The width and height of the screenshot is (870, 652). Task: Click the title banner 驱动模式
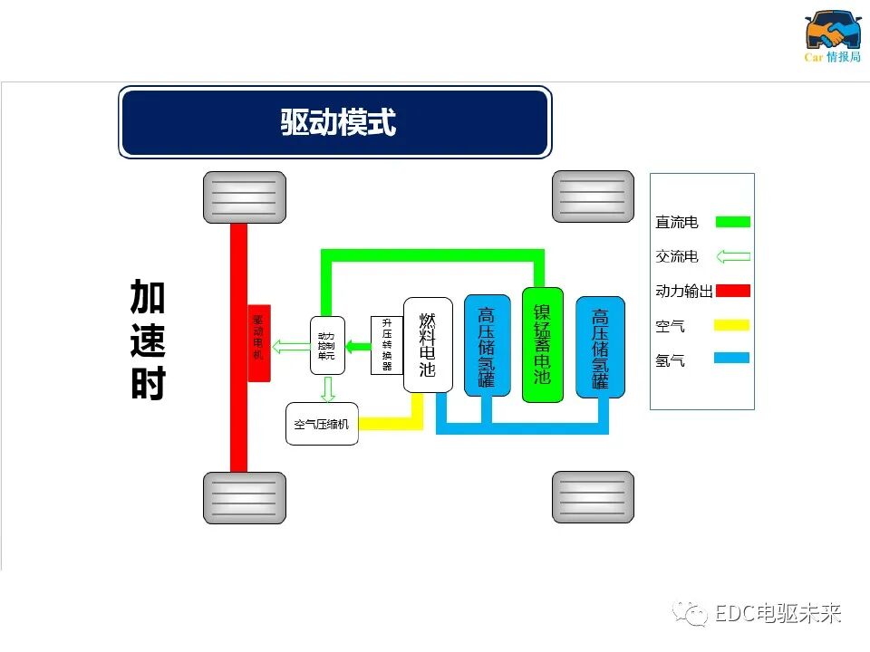coord(334,122)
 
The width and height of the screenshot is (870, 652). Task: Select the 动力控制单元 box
coord(327,346)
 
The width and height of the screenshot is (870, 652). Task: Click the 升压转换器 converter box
coord(386,345)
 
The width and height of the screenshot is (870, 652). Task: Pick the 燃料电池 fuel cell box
coord(428,345)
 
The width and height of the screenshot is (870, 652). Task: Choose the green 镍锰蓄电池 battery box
coord(543,345)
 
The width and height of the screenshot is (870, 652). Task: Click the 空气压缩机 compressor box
coord(322,424)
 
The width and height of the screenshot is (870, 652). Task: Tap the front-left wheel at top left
coord(245,197)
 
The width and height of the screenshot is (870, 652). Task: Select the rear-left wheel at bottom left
coord(245,497)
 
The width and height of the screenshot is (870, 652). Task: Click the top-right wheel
coord(593,197)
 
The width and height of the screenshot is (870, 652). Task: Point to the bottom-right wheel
coord(593,497)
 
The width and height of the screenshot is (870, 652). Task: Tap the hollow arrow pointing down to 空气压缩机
coord(328,389)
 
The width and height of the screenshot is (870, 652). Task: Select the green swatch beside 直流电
coord(732,222)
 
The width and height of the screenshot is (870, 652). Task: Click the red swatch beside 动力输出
coord(732,291)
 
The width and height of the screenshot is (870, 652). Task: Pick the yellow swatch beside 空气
coord(732,325)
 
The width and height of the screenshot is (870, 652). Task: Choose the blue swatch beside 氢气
coord(732,359)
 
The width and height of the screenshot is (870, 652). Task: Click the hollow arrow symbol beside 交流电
coord(732,256)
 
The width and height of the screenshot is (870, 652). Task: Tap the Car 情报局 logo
coord(833,37)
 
